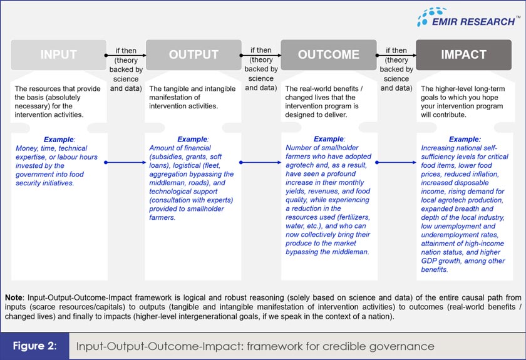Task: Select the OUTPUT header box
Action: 193,54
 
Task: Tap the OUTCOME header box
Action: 329,54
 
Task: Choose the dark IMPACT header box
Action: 463,54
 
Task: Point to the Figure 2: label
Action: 36,346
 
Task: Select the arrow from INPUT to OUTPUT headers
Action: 125,55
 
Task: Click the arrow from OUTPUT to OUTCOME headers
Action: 260,55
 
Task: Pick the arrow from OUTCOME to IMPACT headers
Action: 396,55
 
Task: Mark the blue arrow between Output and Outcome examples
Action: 260,162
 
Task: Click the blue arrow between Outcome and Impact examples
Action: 396,162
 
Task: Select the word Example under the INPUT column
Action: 58,140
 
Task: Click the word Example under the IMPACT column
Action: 464,140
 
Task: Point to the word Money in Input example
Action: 28,148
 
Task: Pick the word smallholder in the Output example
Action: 205,209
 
